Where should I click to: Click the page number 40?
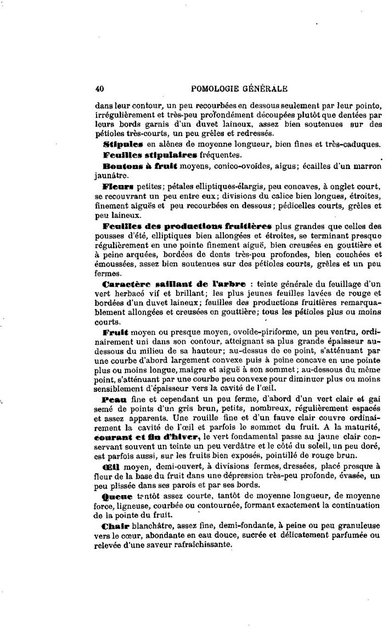tap(99, 88)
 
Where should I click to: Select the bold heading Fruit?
tap(115, 333)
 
